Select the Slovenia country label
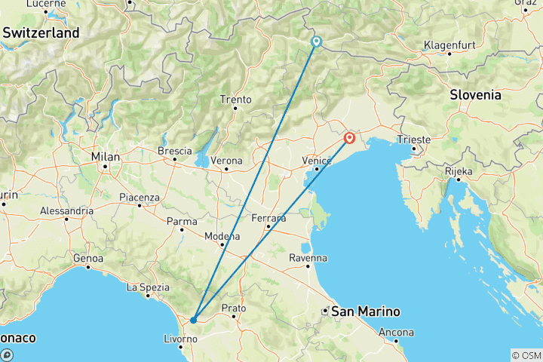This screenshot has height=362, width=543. pyautogui.click(x=475, y=95)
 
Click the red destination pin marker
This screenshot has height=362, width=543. pyautogui.click(x=350, y=138)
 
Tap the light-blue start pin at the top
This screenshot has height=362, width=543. pyautogui.click(x=316, y=42)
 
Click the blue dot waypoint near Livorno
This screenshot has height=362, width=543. pyautogui.click(x=194, y=320)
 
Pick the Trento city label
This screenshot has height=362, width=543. pyautogui.click(x=235, y=100)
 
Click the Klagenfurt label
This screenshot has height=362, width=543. pyautogui.click(x=449, y=45)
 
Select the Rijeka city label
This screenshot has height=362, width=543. pyautogui.click(x=458, y=171)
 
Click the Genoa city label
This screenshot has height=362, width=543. pyautogui.click(x=87, y=259)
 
